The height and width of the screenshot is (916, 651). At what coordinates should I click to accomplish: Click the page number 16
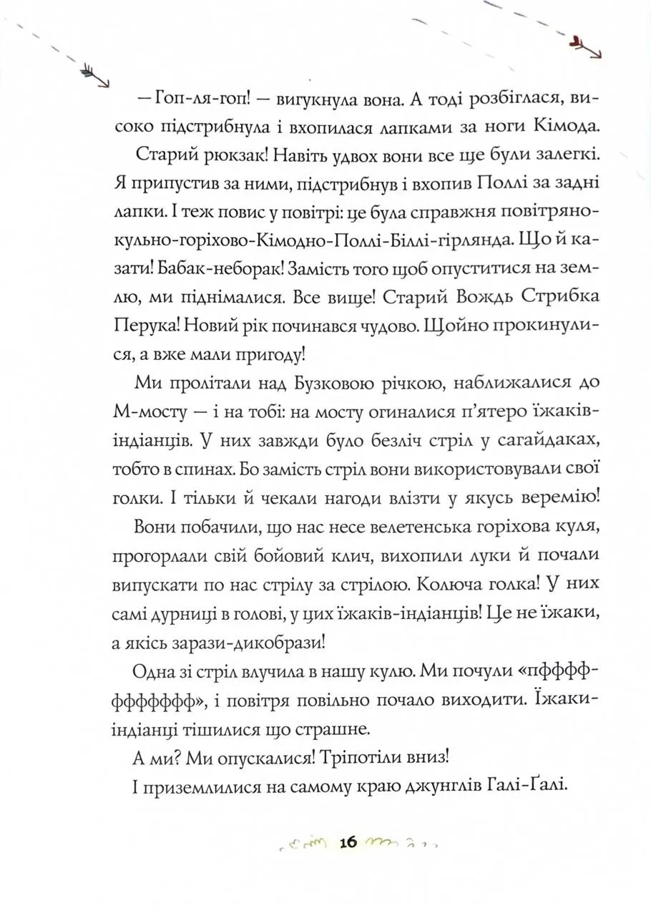pyautogui.click(x=348, y=842)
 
